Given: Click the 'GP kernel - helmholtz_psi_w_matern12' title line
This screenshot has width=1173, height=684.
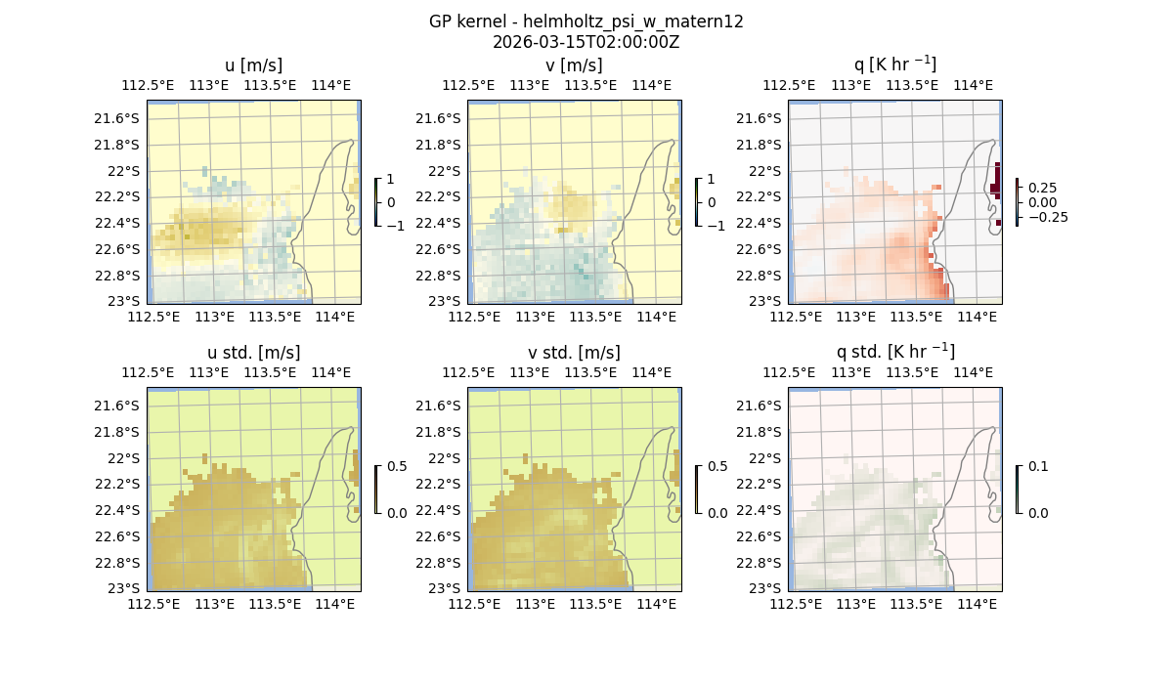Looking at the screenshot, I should coord(586,21).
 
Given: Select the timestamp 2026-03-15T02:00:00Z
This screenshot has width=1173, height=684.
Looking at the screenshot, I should coord(586,42).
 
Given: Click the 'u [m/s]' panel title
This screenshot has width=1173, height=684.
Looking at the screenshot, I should coord(253,65).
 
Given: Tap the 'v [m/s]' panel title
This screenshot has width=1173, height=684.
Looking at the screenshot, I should coord(574,65).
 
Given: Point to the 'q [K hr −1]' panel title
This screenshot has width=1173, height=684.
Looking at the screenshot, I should coord(894,64).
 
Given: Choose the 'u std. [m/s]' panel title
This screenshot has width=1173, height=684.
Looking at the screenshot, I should coord(253,352).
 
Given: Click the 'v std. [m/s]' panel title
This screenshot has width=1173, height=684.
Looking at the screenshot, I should coord(574,352).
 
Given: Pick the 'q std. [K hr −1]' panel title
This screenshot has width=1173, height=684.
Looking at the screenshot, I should coord(894,351).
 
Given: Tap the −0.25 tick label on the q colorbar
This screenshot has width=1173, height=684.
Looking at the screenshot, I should coord(1047,217).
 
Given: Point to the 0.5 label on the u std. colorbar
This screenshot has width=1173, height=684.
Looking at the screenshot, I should coord(398,466).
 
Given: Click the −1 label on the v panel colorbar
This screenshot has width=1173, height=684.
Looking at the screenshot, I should coord(717,225).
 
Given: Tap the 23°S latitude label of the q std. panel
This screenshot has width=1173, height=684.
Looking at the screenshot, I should coord(763,588).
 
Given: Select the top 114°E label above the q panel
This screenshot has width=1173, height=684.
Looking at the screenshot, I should coord(973,85).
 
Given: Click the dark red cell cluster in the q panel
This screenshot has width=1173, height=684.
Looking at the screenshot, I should coord(995,182).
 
